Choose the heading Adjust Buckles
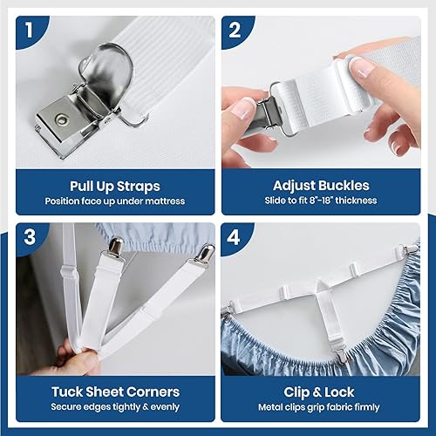(x=321, y=185)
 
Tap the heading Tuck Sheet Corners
(x=113, y=392)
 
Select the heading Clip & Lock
(x=322, y=392)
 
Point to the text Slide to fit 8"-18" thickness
(x=321, y=201)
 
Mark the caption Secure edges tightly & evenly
(x=113, y=408)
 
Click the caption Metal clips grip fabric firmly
(x=322, y=408)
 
